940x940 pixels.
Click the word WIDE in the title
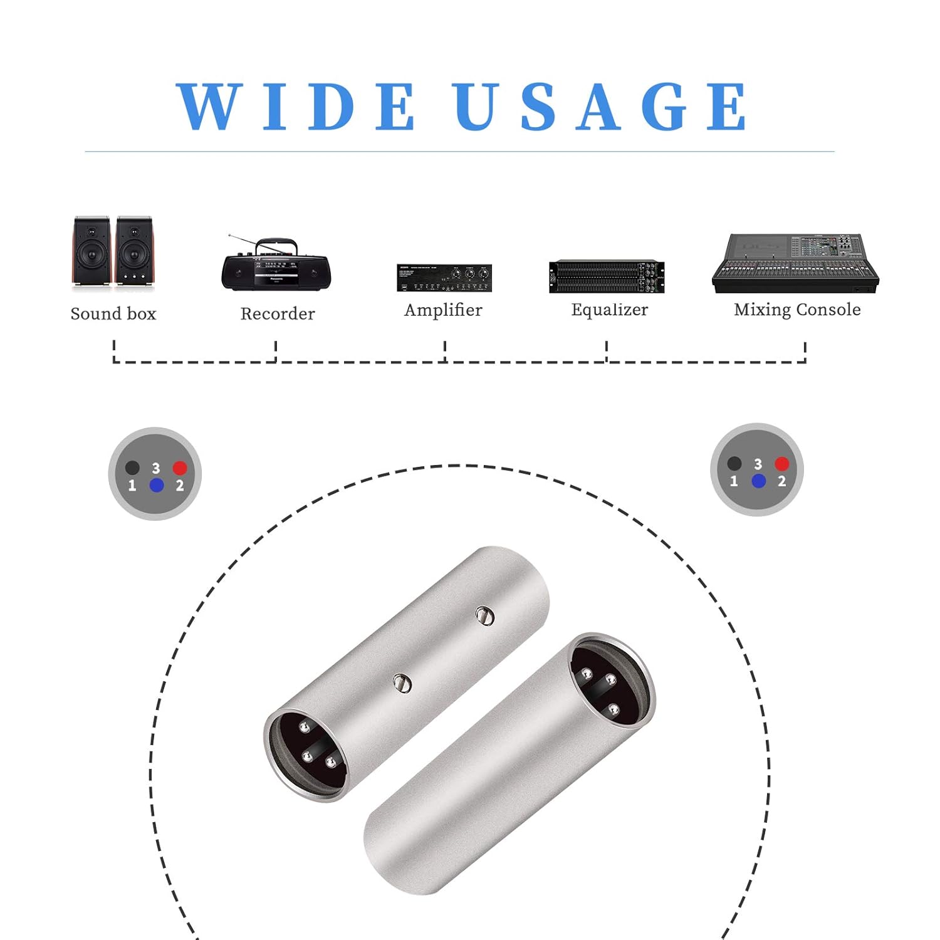click(295, 107)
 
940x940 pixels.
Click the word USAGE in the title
click(600, 107)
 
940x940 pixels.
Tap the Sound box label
click(113, 313)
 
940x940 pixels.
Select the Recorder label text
click(278, 313)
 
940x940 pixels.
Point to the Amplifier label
click(443, 310)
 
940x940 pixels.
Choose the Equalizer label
click(610, 310)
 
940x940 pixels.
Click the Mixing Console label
click(797, 310)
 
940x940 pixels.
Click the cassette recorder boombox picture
click(276, 263)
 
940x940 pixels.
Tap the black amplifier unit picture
click(444, 278)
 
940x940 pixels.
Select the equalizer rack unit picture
click(607, 276)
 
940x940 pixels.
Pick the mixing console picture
click(795, 263)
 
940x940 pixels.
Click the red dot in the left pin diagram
click(180, 467)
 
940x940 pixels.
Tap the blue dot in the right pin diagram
click(758, 481)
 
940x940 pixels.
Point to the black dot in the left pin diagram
click(132, 467)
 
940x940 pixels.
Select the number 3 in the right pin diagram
click(758, 464)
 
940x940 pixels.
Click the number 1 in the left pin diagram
click(132, 485)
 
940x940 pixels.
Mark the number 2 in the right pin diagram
click(781, 481)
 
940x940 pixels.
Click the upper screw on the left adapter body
click(484, 616)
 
